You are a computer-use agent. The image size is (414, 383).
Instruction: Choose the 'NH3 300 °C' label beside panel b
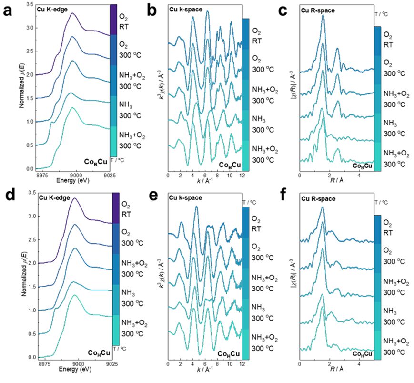pyautogui.click(x=260, y=124)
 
